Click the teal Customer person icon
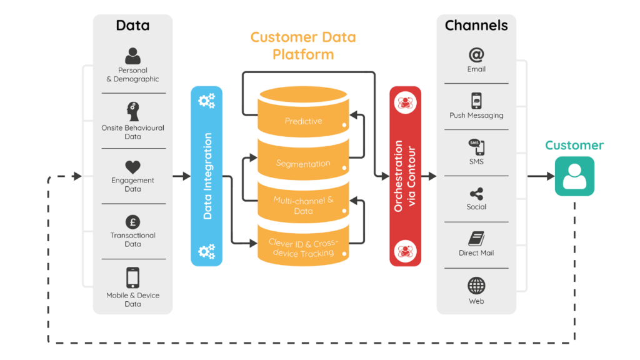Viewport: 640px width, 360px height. pos(574,176)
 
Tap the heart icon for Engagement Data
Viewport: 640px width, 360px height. pos(132,167)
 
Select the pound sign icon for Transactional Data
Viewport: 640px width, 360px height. pos(132,222)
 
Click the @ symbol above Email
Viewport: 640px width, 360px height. pos(476,55)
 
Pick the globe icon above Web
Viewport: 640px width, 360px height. pos(476,286)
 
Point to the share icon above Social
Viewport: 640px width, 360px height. pos(476,194)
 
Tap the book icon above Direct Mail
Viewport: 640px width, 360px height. pos(476,239)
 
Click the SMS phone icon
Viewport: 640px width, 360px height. pos(476,147)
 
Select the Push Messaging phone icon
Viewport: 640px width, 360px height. pos(476,101)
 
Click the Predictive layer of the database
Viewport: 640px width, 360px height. pos(303,121)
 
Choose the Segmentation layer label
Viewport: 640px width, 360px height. pos(303,163)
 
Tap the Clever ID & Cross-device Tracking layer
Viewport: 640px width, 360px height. pos(303,247)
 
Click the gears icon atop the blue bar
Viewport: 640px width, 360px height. pos(206,101)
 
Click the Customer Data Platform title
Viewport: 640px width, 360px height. pos(303,46)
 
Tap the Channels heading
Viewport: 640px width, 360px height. pos(476,26)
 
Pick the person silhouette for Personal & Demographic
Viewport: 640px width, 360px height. pos(132,57)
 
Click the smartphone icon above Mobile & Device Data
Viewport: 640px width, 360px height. pos(132,277)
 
